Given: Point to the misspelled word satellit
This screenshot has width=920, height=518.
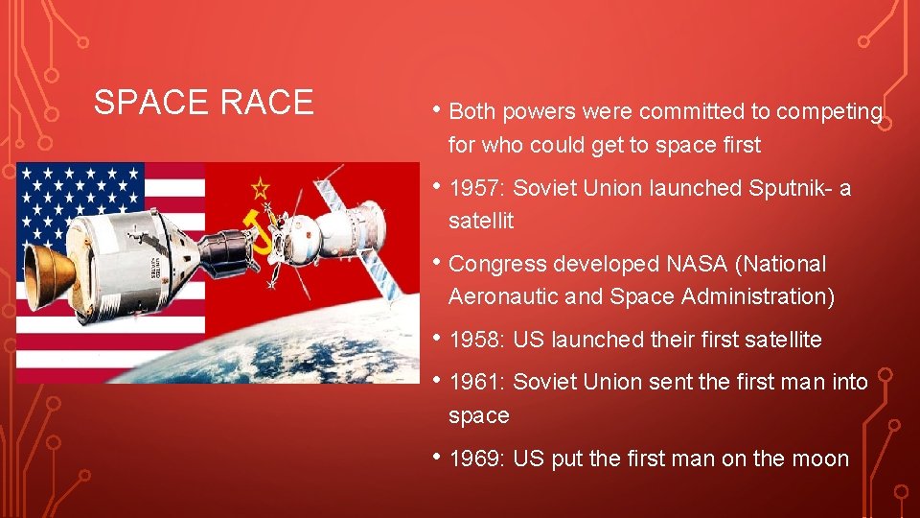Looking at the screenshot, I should click(481, 222).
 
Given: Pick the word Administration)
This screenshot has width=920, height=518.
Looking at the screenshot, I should click(758, 297).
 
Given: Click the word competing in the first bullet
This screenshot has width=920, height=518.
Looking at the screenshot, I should click(829, 112).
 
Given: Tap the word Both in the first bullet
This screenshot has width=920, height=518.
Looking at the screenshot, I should click(472, 112).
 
